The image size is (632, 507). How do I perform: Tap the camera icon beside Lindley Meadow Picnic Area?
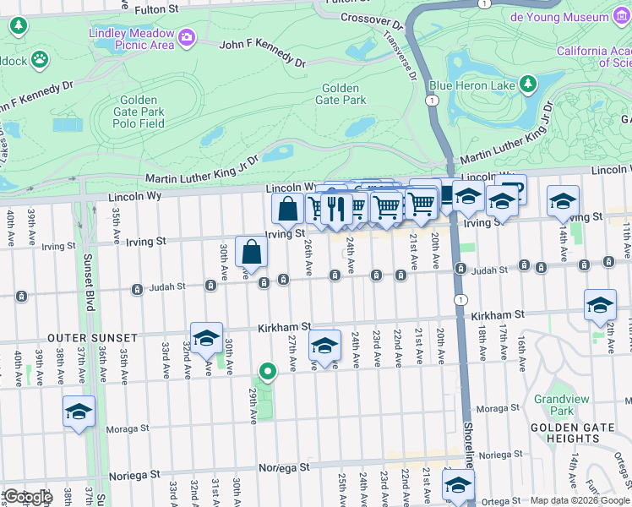[186, 36]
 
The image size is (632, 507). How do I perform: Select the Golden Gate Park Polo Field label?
[139, 112]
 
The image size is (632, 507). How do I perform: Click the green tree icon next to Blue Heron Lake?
[528, 84]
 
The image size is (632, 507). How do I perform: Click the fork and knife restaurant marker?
[336, 208]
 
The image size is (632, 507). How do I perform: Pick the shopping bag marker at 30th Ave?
[252, 252]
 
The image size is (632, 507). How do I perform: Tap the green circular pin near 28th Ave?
[268, 371]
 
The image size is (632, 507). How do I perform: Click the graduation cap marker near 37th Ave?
[79, 412]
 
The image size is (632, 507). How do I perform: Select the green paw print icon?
[39, 58]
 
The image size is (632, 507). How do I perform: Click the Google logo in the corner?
[28, 497]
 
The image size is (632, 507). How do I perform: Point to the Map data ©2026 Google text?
[579, 500]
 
